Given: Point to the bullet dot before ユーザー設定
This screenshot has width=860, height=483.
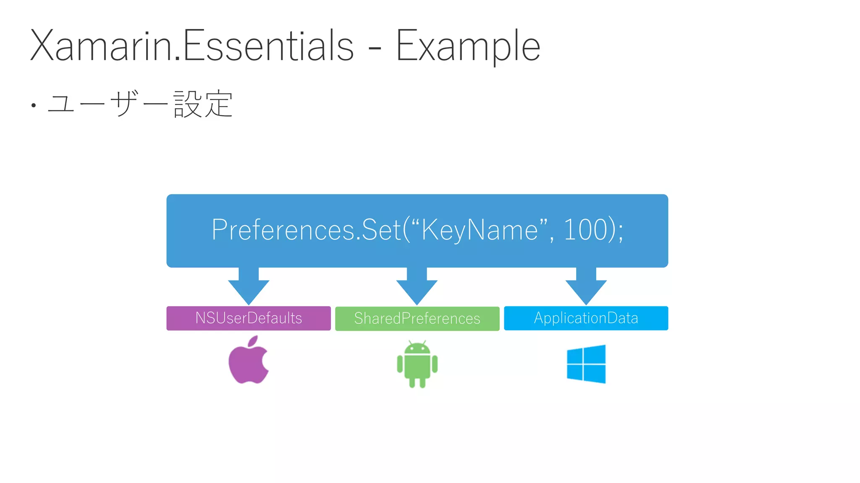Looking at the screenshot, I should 34,105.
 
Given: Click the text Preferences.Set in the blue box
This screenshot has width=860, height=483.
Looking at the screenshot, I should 307,230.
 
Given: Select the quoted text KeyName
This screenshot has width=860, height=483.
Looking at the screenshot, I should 479,230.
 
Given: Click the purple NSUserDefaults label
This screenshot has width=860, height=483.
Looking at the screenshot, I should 249,318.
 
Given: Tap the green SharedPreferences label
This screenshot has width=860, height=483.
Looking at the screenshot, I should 417,319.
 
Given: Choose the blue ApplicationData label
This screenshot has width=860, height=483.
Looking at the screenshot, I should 586,318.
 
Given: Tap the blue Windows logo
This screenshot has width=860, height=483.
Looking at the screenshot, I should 586,364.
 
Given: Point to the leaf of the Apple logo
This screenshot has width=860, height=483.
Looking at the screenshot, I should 253,341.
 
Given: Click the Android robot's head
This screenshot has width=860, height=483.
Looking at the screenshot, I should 417,348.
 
